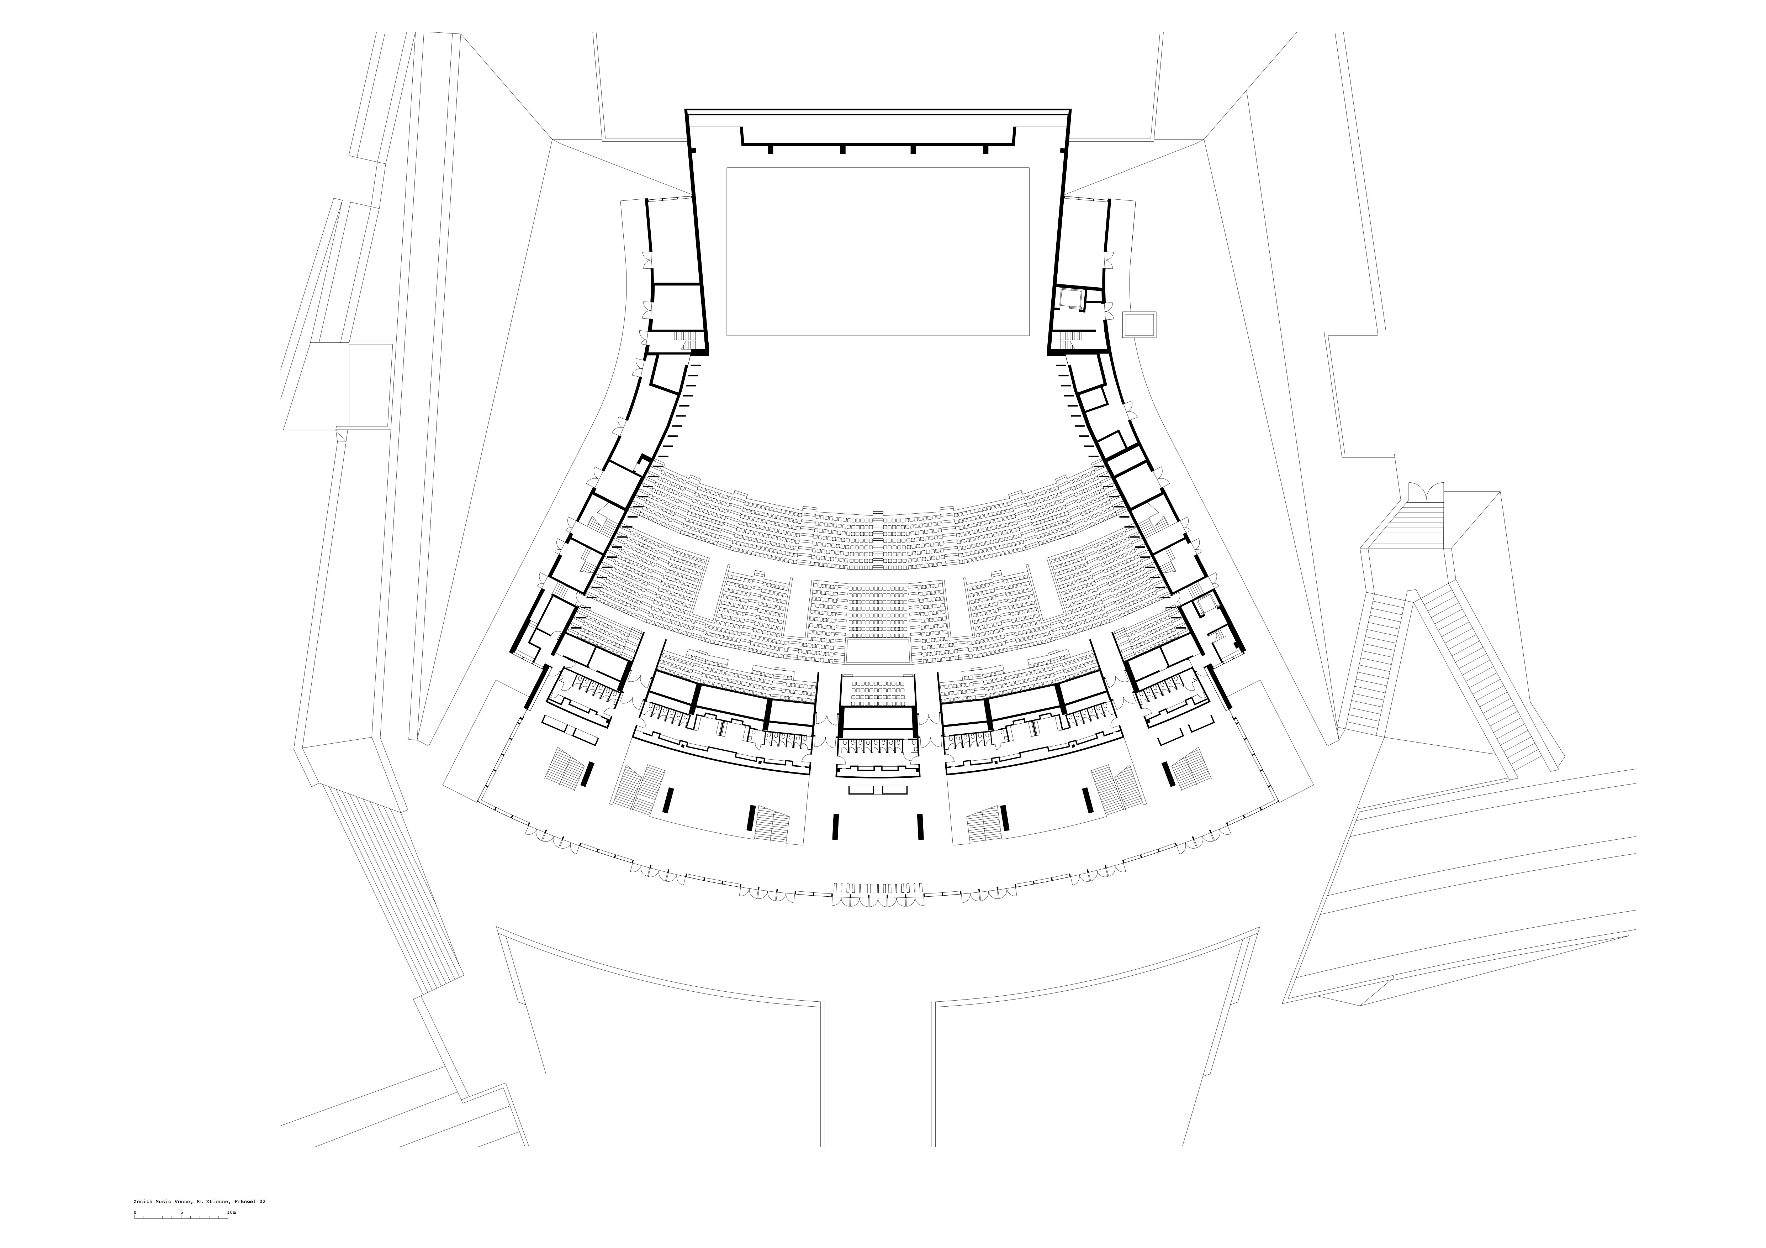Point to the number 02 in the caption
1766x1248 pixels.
point(261,1201)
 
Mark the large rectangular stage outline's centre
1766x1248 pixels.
point(878,252)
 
